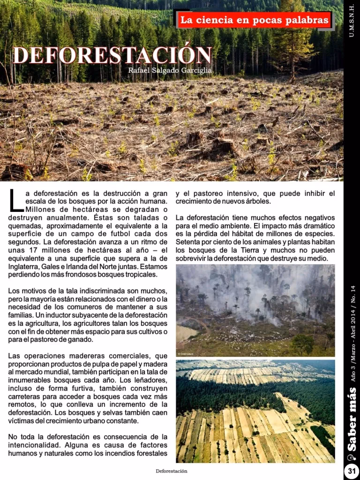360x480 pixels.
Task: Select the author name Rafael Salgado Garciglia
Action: [x=170, y=70]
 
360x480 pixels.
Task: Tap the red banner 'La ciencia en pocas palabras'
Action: [x=254, y=21]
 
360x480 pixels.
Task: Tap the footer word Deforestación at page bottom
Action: [x=172, y=471]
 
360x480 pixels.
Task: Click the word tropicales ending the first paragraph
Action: [x=139, y=274]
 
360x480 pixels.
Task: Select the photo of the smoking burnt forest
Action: [x=255, y=310]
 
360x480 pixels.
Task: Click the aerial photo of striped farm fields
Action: [x=255, y=411]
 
